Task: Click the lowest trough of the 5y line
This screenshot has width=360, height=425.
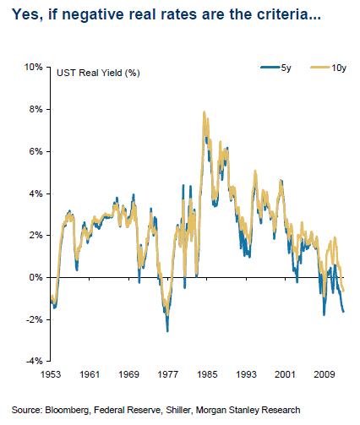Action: tap(166, 330)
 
